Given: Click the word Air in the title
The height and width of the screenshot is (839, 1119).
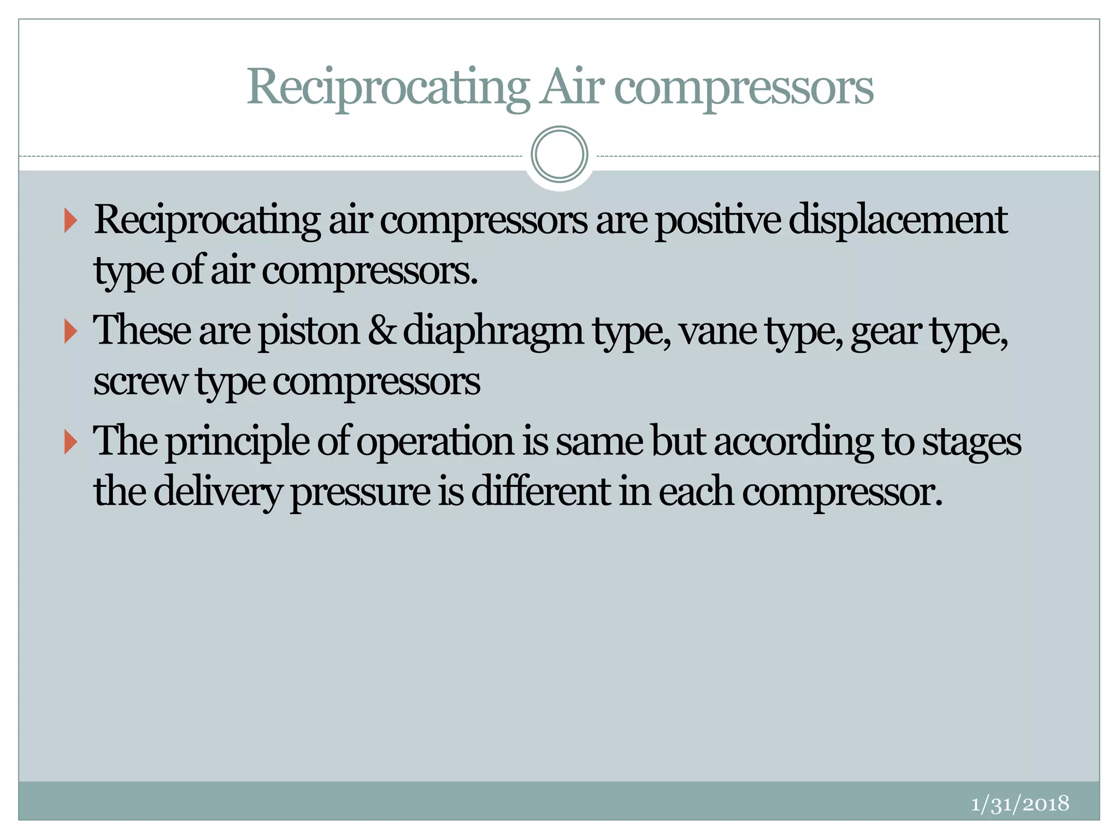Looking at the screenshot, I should (572, 87).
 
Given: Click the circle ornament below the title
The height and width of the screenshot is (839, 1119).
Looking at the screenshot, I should (559, 155).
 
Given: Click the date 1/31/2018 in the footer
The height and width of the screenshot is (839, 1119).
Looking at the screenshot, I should (1020, 803).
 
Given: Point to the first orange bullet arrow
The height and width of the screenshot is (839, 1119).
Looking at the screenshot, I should (70, 220).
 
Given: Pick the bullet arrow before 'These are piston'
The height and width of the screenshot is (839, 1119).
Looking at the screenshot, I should (70, 331).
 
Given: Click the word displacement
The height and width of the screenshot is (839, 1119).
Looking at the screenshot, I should (898, 220).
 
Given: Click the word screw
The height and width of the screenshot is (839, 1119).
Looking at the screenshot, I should (140, 382).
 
